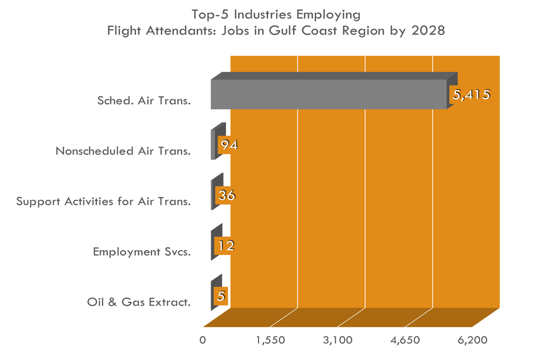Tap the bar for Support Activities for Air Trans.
pyautogui.click(x=213, y=195)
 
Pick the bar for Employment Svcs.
pyautogui.click(x=213, y=246)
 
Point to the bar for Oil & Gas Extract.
pyautogui.click(x=213, y=296)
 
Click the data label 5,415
pyautogui.click(x=470, y=94)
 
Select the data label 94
pyautogui.click(x=228, y=145)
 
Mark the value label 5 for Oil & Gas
pyautogui.click(x=221, y=296)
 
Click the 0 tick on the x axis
pyautogui.click(x=203, y=340)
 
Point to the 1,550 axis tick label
pyautogui.click(x=271, y=340)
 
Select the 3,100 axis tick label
pyautogui.click(x=338, y=340)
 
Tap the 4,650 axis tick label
pyautogui.click(x=406, y=340)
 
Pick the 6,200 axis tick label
pyautogui.click(x=473, y=340)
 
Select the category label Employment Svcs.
pyautogui.click(x=142, y=252)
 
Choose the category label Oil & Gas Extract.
pyautogui.click(x=139, y=302)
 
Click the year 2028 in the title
pyautogui.click(x=428, y=31)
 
